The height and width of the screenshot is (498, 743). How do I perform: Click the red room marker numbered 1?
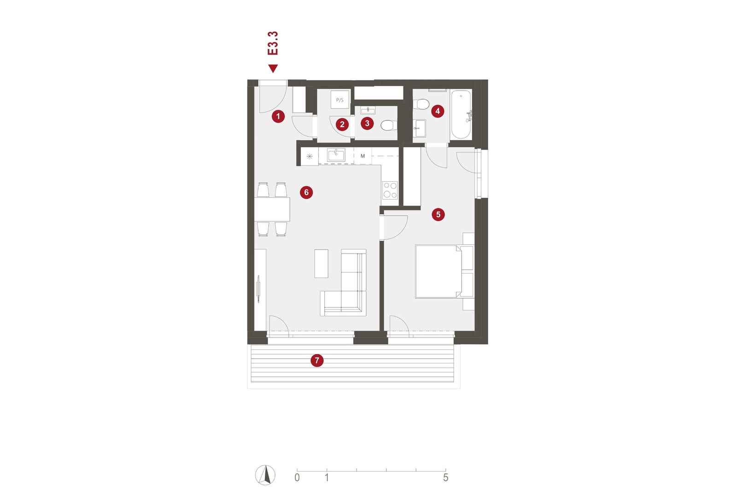[x=278, y=116]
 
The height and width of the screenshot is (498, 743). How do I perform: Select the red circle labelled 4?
[x=438, y=111]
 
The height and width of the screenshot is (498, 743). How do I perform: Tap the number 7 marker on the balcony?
[x=317, y=360]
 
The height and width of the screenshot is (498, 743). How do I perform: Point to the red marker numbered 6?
[x=306, y=192]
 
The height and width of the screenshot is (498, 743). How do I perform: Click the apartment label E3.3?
[x=273, y=43]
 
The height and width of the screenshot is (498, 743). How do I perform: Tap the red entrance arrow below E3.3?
[x=273, y=68]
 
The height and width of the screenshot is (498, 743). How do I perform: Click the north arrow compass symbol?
[x=265, y=475]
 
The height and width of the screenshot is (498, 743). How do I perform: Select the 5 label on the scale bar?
[x=445, y=477]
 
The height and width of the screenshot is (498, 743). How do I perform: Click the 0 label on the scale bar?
[x=297, y=477]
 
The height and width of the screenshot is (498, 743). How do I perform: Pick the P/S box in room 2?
[x=339, y=100]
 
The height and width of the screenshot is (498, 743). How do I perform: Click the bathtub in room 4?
[x=461, y=114]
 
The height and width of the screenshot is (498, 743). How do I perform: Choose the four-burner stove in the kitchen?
[x=390, y=190]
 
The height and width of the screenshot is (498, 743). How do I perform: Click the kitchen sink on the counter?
[x=336, y=155]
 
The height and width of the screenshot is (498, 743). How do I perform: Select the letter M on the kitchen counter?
[x=363, y=156]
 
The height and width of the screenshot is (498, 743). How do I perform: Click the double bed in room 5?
[x=438, y=271]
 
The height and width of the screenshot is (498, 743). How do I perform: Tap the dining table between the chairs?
[x=272, y=209]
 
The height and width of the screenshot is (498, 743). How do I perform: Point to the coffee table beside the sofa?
[x=321, y=264]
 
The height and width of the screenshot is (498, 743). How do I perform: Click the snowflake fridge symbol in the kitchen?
[x=310, y=156]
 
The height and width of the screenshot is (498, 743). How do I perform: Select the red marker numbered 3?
[x=367, y=124]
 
